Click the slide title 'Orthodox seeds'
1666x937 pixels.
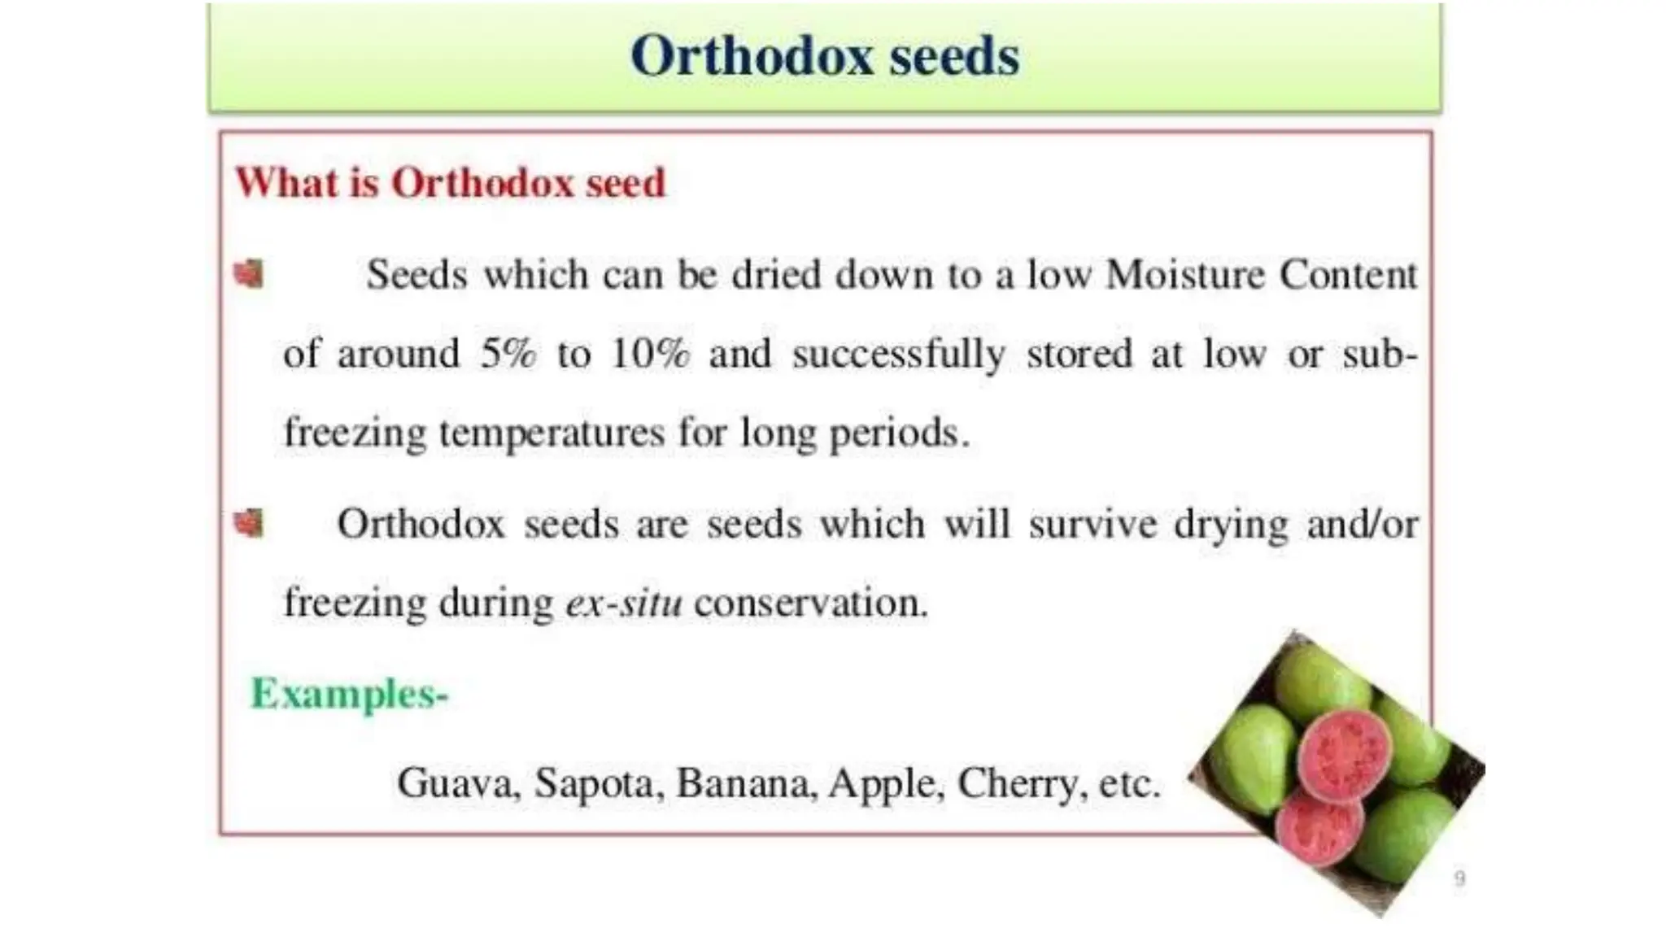coord(824,57)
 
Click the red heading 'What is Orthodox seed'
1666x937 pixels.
coord(450,182)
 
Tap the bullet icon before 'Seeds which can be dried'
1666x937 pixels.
coord(249,274)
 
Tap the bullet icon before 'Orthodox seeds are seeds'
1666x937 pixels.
coord(249,523)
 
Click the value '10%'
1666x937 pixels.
coord(650,354)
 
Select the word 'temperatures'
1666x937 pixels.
coord(552,433)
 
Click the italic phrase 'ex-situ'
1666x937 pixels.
coord(624,603)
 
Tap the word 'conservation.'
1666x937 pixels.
coord(811,603)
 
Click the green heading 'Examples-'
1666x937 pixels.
coord(350,694)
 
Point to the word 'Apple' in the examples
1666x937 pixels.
coord(885,783)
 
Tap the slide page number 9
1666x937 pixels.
coord(1459,878)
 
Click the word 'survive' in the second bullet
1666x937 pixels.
coord(1092,524)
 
